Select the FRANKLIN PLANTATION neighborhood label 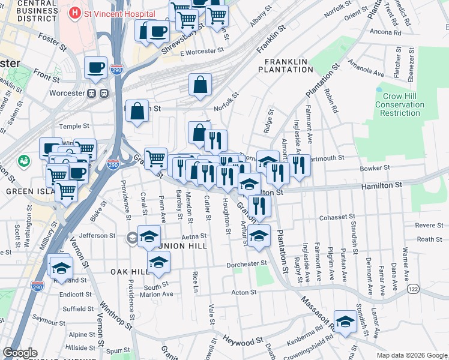point(286,65)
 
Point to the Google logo point(20,353)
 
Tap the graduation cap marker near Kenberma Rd point(345,322)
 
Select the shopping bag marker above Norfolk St point(200,85)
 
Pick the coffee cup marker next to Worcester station point(95,67)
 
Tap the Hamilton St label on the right point(381,187)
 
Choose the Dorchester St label point(246,264)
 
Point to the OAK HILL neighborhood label point(129,272)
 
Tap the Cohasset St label point(339,217)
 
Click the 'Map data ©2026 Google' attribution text point(412,355)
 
